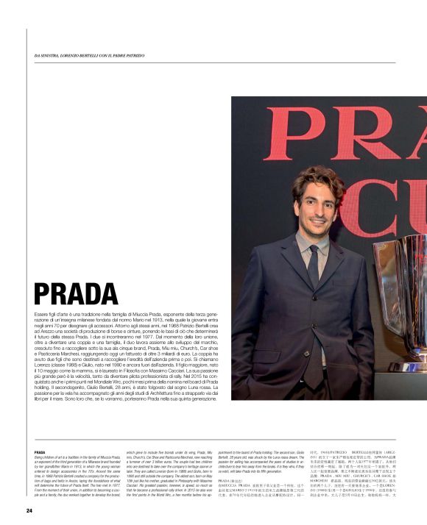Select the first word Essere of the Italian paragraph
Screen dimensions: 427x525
(43, 314)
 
